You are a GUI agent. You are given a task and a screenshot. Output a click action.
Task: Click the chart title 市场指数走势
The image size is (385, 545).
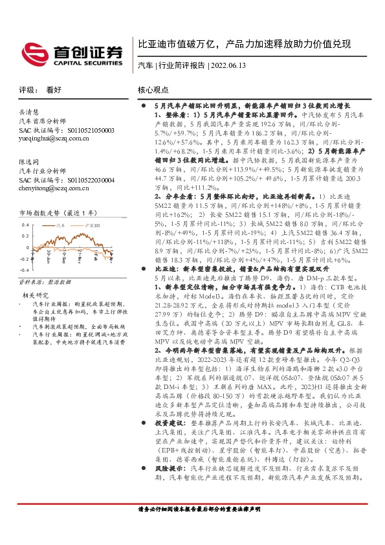(x=38, y=212)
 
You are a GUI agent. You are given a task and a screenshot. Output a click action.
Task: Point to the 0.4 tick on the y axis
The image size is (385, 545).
(x=25, y=225)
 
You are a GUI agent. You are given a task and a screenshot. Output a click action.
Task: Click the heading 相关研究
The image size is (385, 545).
(x=28, y=295)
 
